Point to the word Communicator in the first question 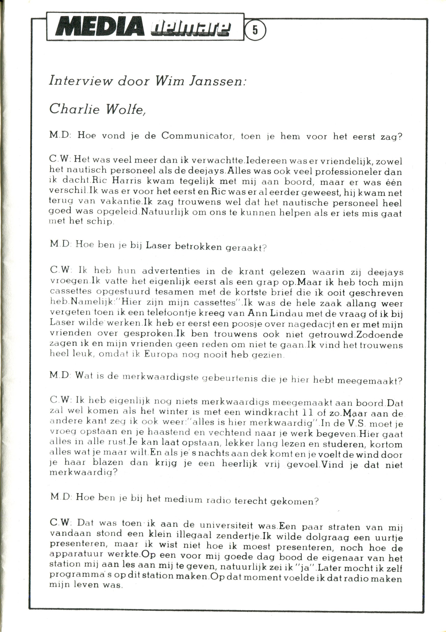click(198, 136)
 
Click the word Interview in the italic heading click(80, 81)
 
